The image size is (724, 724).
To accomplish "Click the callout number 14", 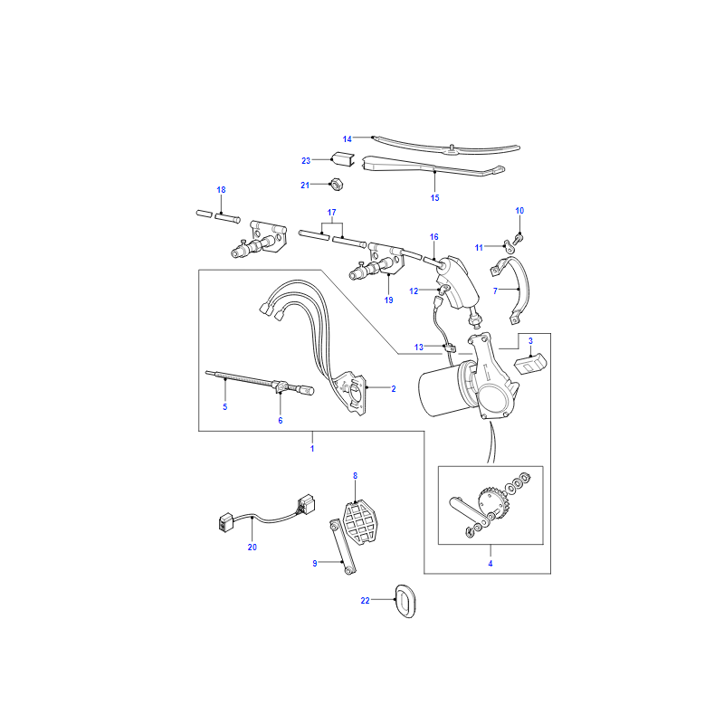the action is point(347,139).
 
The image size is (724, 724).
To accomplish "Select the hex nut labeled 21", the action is point(337,184).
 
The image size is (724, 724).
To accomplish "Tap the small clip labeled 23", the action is point(343,158).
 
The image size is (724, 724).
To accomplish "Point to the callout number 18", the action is point(221,190).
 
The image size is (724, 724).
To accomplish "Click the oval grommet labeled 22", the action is point(405,601).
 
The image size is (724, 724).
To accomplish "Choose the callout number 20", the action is point(252,548).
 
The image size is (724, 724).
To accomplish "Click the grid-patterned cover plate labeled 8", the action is point(359,522).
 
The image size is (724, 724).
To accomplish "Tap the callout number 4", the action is point(491,563).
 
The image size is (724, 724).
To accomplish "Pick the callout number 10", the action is point(519,211).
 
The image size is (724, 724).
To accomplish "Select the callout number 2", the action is point(394,389).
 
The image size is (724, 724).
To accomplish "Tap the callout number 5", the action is point(224,406).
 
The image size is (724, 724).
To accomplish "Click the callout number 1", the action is point(312,448).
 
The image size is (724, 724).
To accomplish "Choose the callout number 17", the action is point(331,213).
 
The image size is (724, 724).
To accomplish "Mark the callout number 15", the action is point(434,197).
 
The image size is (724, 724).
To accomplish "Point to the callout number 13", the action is point(418,348).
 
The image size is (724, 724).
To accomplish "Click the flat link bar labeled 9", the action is point(342,548).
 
